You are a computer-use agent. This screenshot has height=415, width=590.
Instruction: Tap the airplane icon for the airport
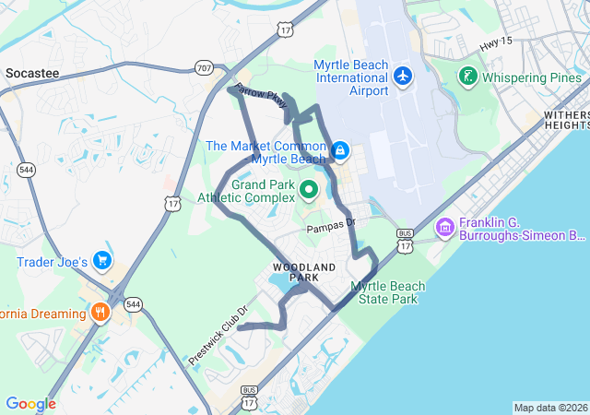[x=402, y=74]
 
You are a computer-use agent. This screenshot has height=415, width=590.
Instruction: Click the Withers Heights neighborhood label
[x=566, y=119]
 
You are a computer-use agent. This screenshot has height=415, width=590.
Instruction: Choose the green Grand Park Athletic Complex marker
[x=309, y=191]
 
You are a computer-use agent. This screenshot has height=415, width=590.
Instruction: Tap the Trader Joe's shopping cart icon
[x=101, y=261]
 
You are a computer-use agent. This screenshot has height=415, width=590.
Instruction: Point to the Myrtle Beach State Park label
[x=388, y=292]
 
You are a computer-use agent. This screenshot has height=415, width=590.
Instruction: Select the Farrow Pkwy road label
[x=262, y=101]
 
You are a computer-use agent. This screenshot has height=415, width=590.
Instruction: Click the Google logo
[x=30, y=404]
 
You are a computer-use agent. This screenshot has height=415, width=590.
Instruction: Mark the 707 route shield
[x=204, y=67]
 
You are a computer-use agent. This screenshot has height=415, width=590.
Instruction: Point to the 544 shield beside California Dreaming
[x=133, y=303]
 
